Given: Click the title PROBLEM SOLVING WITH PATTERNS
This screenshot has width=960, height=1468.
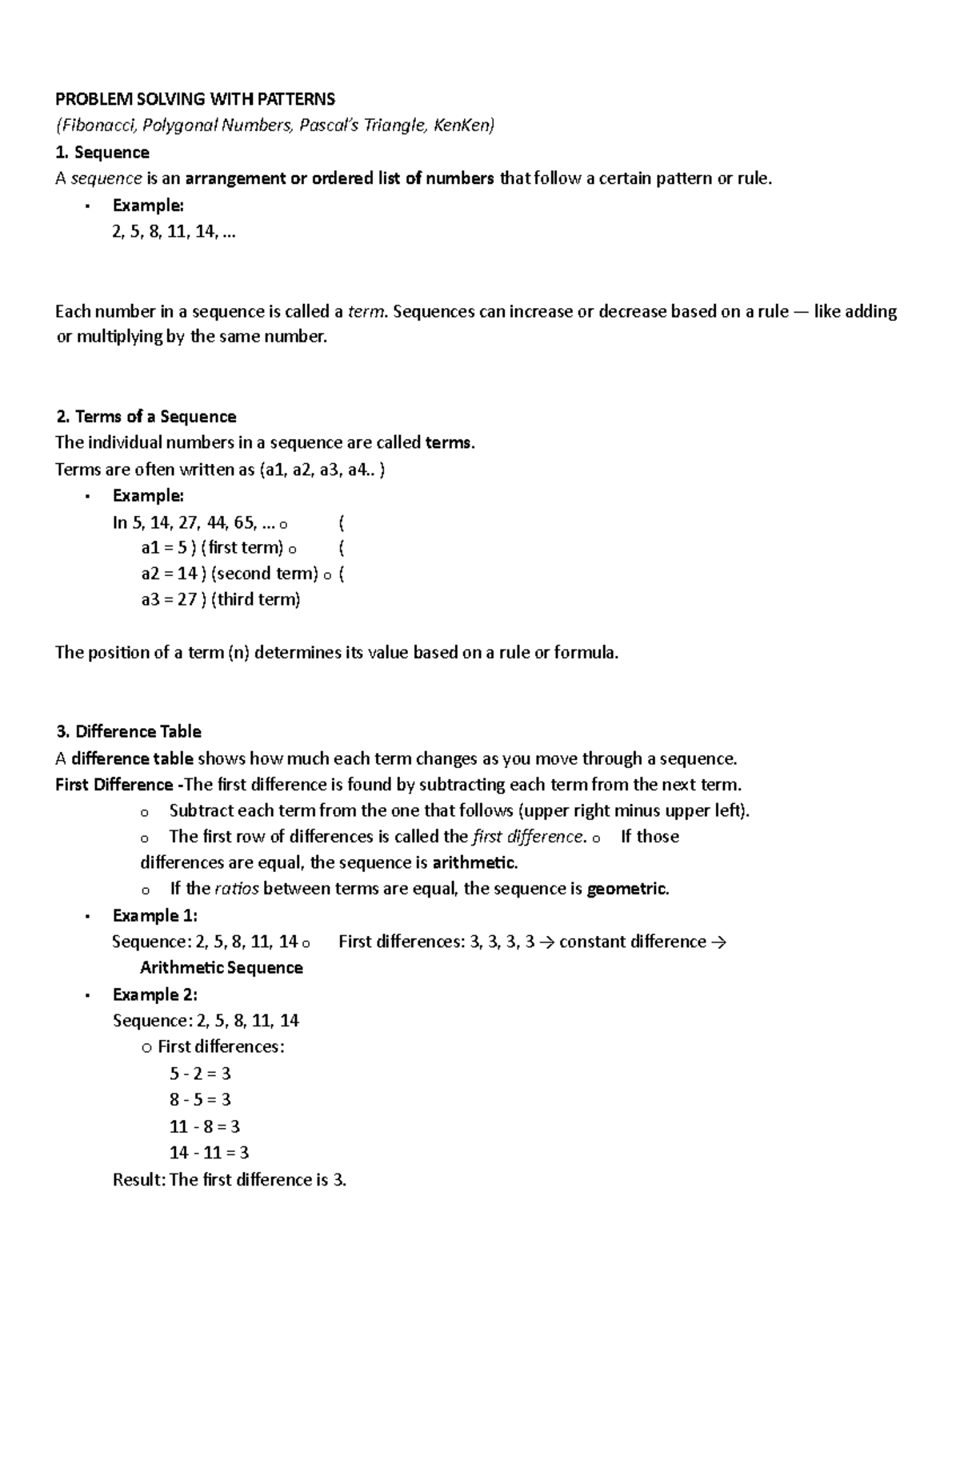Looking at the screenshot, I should [194, 99].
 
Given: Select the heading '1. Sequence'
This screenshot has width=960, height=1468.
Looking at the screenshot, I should [102, 152].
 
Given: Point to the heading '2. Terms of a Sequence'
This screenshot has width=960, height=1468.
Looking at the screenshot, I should [146, 417].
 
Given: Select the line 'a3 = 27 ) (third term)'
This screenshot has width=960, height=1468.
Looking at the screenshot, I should [220, 599].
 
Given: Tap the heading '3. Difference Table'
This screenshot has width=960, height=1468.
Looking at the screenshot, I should [128, 732].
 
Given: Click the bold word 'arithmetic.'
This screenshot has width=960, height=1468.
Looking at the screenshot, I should [474, 862].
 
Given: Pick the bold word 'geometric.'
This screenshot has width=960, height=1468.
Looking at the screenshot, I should [627, 889].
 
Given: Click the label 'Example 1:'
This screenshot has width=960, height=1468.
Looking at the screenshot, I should [154, 915].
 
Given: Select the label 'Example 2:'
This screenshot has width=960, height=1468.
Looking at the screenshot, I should [154, 994].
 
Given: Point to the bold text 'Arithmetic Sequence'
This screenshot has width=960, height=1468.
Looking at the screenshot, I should [221, 968].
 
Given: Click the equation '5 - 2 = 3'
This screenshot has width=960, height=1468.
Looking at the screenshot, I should [200, 1074].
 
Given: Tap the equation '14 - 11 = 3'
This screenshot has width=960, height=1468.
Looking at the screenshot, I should [209, 1153].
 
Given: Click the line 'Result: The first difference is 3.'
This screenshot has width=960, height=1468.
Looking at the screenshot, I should [230, 1180].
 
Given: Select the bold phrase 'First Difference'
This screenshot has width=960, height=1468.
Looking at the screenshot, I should [114, 785].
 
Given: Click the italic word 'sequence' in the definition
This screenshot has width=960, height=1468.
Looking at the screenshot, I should [106, 178].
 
